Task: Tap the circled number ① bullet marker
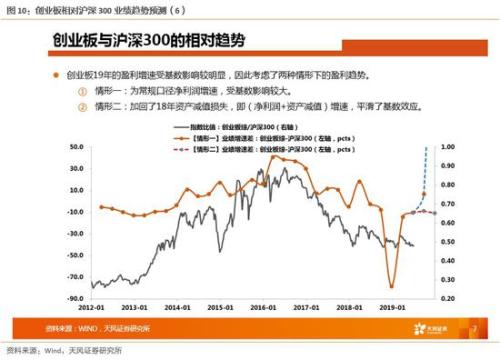click(x=82, y=91)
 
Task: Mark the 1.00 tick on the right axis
click(x=447, y=147)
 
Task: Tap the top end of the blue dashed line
click(x=427, y=148)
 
